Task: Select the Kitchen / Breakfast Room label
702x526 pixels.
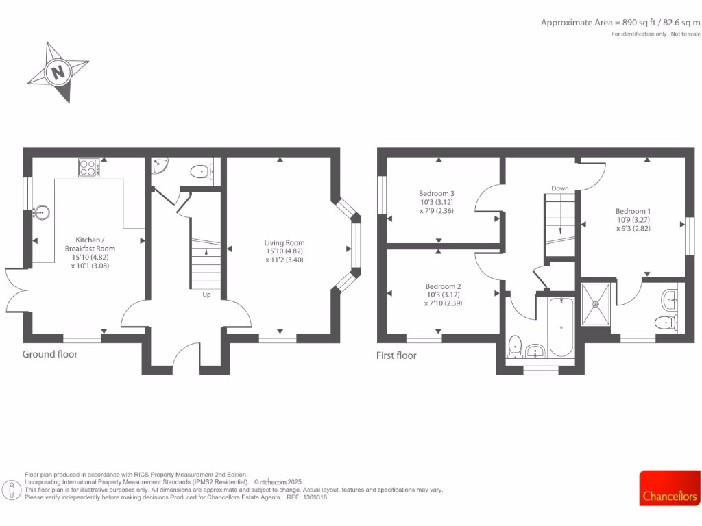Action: tap(90, 248)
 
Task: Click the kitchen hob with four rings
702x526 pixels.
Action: tap(88, 167)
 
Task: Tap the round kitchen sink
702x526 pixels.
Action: tap(41, 212)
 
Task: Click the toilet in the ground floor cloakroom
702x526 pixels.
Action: tap(200, 171)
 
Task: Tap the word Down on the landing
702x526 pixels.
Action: tap(559, 188)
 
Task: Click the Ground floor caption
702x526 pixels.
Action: tap(50, 354)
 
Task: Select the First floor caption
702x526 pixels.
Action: tap(396, 355)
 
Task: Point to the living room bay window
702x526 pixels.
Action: tap(354, 247)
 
